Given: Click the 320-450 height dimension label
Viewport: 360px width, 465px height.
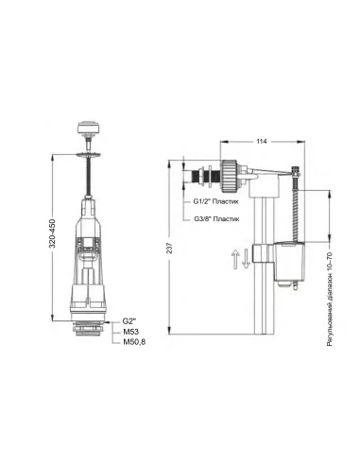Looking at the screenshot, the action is pos(52,233).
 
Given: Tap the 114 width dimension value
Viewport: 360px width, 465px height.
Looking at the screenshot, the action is pos(262,141).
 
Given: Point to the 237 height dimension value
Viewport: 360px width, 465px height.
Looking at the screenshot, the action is pos(169,248).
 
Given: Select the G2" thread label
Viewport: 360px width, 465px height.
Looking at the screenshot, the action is pos(129,321).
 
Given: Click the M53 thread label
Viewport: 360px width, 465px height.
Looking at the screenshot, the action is pos(130,332).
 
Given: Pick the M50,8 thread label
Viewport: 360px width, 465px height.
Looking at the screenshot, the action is pos(134,342).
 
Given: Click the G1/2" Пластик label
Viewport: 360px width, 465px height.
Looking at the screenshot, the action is pos(215,201).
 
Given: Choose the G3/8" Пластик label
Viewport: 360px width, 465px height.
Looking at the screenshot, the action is pos(216,218).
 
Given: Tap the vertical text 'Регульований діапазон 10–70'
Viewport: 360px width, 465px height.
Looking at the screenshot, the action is pos(330,299).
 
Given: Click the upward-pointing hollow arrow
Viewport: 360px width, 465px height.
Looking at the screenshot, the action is pos(235,259).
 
